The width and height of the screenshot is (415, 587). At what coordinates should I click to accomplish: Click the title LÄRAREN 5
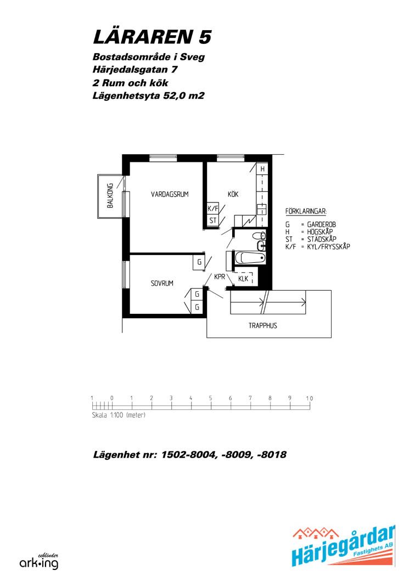point(152,37)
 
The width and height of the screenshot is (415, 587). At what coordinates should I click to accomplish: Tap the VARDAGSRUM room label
point(170,194)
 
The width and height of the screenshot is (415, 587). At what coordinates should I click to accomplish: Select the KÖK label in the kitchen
point(233,194)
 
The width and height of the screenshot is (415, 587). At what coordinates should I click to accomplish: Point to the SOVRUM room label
point(162,284)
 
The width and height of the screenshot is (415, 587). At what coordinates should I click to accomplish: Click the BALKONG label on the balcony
point(110,196)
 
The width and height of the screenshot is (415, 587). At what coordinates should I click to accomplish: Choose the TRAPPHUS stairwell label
point(263,326)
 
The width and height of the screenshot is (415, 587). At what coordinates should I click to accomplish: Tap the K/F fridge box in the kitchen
point(213,208)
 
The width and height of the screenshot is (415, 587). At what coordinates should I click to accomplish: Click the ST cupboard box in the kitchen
point(213,221)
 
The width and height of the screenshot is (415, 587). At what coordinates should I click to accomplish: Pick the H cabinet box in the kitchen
point(262,169)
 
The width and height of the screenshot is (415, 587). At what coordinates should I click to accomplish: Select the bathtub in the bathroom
point(250,257)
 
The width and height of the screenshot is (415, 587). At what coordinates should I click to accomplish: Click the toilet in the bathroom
point(259,236)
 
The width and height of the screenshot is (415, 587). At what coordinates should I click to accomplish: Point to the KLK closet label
point(243,279)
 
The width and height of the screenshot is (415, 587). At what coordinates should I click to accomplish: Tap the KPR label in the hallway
point(220,277)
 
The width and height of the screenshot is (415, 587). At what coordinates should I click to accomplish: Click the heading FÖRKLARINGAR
point(306,212)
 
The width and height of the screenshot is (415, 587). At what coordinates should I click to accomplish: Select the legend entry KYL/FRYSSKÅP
point(328,247)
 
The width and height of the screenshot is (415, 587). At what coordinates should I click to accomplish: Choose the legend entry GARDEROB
point(321,224)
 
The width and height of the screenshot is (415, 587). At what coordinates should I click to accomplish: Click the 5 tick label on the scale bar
point(210,398)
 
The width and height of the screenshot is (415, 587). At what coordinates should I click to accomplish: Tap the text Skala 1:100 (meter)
point(119,415)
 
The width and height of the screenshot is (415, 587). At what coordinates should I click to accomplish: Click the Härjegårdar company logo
point(343,546)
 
